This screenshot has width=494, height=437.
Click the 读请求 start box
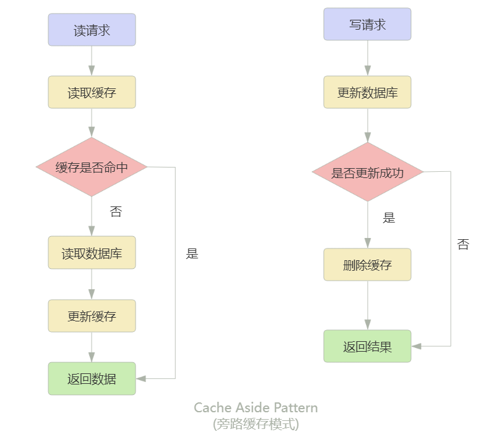pos(92,30)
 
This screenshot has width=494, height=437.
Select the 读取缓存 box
pos(92,93)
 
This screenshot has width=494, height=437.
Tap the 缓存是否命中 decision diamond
pos(92,167)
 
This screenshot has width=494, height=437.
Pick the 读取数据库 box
pos(92,253)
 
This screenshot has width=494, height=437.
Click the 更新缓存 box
pos(92,316)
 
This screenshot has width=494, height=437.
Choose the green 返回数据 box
pos(92,378)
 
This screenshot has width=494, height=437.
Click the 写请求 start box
pos(367,24)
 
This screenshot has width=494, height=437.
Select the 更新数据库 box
pos(367,93)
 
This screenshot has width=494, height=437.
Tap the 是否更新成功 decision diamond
pos(367,172)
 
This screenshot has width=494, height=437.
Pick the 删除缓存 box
pos(367,265)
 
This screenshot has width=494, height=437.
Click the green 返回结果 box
pos(367,346)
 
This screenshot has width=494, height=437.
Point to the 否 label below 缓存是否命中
pos(116,212)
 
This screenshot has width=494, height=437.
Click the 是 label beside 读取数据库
pos(192,253)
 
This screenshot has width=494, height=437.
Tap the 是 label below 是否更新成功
pos(389,218)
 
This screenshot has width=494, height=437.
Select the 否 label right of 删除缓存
pos(463,244)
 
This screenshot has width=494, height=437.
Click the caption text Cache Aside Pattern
pos(256,408)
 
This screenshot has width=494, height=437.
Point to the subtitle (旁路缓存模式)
pos(256,424)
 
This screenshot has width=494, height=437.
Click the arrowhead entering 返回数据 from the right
pos(141,378)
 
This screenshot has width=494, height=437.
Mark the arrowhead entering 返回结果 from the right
pos(416,346)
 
